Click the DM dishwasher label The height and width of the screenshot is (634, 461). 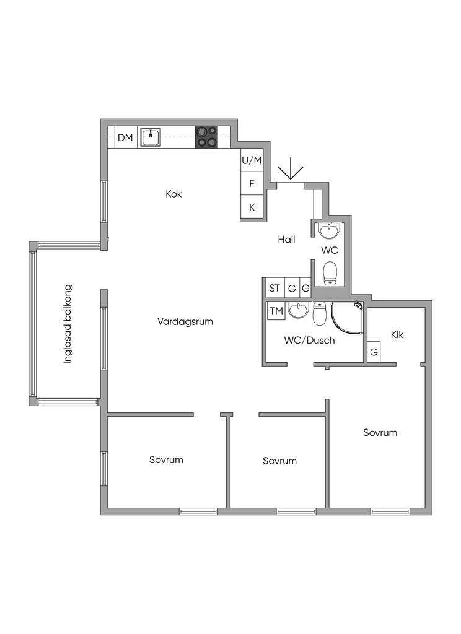click(126, 137)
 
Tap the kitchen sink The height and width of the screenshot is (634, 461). click(151, 137)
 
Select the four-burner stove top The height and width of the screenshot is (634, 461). click(207, 137)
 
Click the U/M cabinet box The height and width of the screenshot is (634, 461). click(252, 161)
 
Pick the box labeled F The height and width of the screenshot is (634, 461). click(252, 183)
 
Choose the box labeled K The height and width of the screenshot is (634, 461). click(252, 207)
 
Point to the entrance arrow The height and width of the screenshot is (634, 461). click(290, 170)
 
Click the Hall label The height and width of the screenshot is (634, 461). click(286, 240)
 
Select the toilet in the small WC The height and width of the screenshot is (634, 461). click(330, 272)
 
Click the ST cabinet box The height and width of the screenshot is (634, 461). click(274, 288)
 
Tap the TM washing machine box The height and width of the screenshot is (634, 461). click(276, 311)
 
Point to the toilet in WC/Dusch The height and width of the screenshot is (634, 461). click(319, 314)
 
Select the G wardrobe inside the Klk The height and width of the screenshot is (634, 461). click(374, 352)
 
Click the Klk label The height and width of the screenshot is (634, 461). click(397, 334)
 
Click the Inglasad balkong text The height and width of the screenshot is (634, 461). click(68, 324)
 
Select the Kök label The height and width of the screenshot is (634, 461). click(174, 194)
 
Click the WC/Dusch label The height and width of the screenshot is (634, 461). click(309, 340)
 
